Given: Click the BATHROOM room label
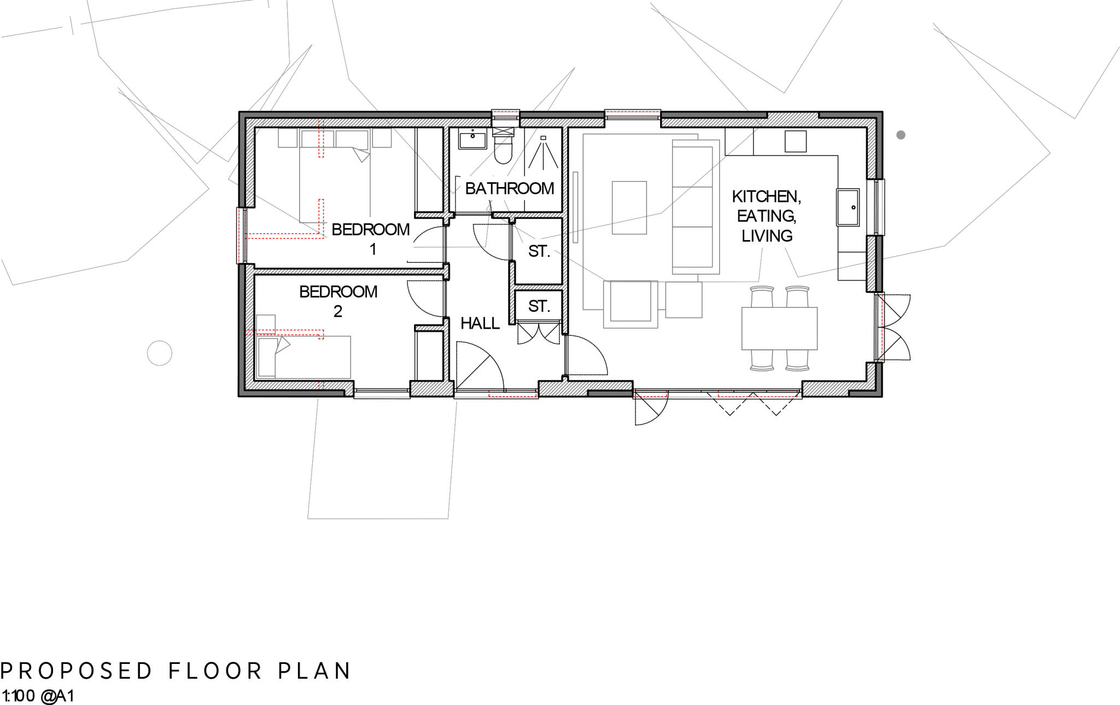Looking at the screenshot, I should pos(509,189).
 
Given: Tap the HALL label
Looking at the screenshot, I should pos(480,323).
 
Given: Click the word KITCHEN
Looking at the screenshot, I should pos(766,196).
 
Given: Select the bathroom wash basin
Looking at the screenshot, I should pos(472,140).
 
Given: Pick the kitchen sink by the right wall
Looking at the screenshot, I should pos(847,207).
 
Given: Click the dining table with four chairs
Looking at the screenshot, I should pos(779,328).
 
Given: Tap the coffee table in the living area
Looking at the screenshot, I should pos(629,208).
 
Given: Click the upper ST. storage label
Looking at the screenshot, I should pos(539,252).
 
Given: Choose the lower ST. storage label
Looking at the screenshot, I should pos(539,306).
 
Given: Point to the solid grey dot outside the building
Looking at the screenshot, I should pos(901,135).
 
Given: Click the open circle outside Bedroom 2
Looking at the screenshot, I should pos(160,353).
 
